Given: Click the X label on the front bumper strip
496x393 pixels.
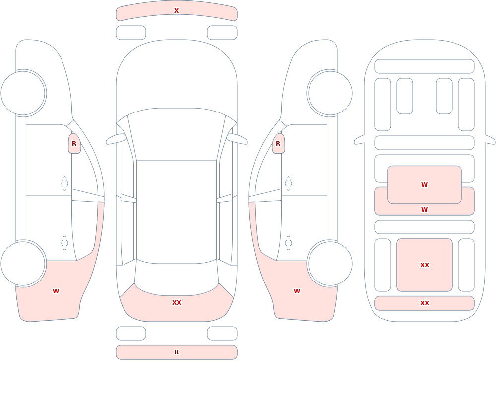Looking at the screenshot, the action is tap(176, 11).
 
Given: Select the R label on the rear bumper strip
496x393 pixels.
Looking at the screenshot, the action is tap(176, 352).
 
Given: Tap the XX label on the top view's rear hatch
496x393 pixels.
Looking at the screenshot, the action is tap(177, 303).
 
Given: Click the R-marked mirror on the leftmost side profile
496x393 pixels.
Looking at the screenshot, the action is tap(74, 144).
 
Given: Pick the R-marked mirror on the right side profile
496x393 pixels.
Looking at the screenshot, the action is tap(278, 144).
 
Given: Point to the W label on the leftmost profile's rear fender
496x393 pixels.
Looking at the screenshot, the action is tap(56, 291).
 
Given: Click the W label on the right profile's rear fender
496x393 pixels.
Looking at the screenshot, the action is tap(297, 291).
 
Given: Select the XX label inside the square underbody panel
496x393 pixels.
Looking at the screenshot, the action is tap(425, 265).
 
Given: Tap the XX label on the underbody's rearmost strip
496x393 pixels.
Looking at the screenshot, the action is tap(425, 303).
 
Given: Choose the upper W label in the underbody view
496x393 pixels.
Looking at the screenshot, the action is tap(425, 185).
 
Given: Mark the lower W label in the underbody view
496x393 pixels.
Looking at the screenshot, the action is tap(425, 209).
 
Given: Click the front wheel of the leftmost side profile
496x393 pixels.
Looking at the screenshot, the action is tap(23, 93).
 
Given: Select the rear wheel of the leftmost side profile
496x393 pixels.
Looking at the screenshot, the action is tap(23, 263).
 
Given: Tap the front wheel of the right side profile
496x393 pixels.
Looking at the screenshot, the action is tap(330, 93).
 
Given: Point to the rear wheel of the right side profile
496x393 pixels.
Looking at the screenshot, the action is tap(330, 263).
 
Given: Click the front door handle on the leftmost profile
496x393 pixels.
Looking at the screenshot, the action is tap(64, 184).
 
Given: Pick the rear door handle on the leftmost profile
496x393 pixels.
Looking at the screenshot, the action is tap(64, 243).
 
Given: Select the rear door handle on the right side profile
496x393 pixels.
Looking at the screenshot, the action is tap(288, 243).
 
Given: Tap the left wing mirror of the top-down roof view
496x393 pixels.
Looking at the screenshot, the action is tap(116, 139).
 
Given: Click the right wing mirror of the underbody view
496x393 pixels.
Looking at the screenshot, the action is tap(490, 139).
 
